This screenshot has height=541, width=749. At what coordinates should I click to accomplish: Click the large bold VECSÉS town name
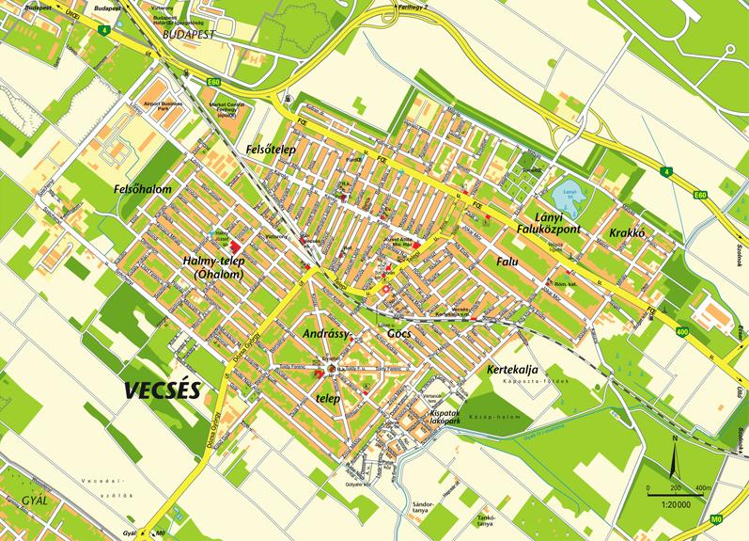162,390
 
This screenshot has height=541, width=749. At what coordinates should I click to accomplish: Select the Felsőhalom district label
142,189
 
